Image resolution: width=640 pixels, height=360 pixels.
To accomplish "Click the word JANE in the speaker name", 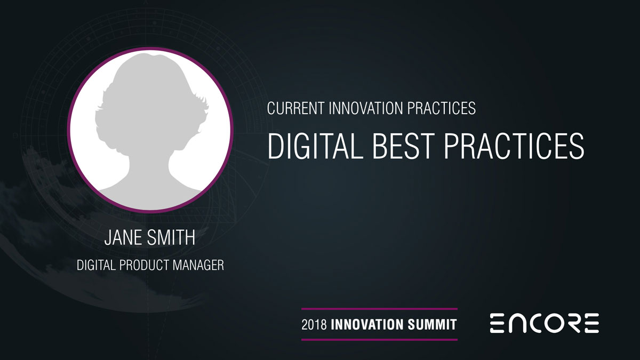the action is coord(123,237).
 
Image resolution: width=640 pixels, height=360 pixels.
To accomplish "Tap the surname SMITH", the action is coord(171,237).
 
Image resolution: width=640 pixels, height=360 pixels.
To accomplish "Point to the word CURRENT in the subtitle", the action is coord(295,108).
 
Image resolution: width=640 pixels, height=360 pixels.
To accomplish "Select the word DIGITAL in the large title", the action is coord(315,146).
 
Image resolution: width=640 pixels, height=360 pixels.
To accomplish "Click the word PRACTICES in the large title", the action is coord(514,146).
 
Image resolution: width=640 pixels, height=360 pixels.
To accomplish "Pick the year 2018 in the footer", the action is coord(314,325).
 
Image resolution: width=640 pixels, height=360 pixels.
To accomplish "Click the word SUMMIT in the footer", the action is coord(433,325).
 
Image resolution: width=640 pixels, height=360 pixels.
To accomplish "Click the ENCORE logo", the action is coord(545,323).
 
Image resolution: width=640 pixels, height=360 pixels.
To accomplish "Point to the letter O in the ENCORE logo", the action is coord(547,323).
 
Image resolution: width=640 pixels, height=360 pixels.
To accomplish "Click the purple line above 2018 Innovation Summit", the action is coord(379,309).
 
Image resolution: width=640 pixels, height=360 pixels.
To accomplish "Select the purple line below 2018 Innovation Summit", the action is coord(379,340).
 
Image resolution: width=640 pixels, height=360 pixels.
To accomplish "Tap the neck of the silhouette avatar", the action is coord(149,163).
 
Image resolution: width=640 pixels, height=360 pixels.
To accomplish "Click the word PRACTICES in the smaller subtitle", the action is coord(441,108).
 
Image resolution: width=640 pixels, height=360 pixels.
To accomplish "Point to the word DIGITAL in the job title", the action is coord(96,265).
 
